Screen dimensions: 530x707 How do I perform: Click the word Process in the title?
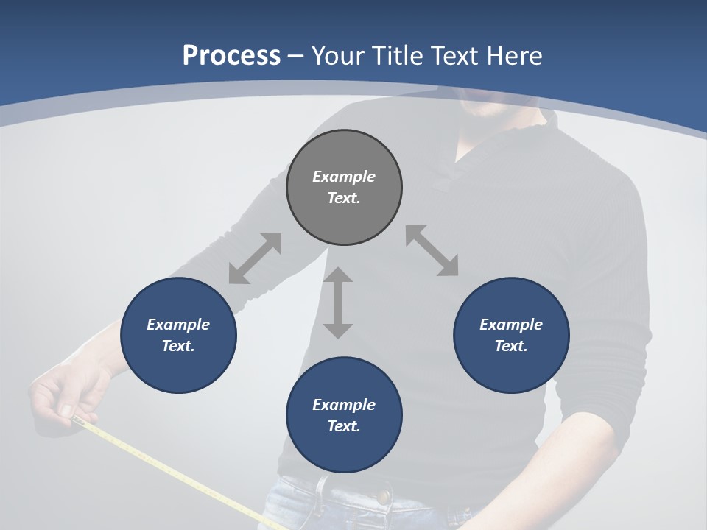(231, 56)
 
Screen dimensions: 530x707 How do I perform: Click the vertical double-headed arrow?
(338, 303)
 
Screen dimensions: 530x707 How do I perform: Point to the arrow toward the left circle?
(255, 258)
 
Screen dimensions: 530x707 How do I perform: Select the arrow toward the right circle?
(432, 250)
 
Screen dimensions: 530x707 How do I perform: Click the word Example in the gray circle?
(344, 177)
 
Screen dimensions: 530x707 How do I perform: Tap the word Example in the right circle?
(511, 325)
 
